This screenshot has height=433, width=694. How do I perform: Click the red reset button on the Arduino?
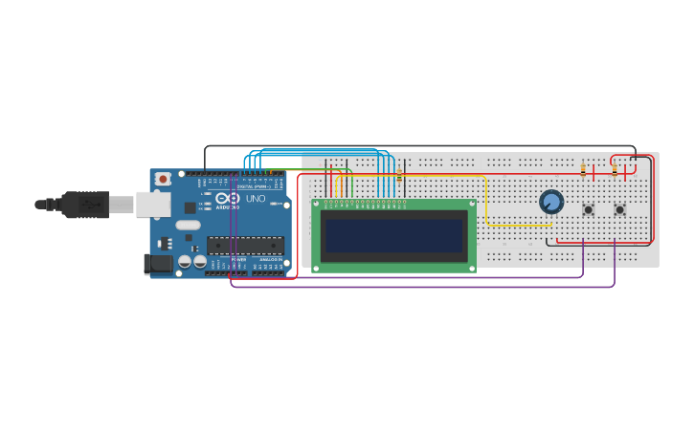[164, 179]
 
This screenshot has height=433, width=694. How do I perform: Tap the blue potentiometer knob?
[551, 202]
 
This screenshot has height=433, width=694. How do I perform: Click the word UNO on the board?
[256, 199]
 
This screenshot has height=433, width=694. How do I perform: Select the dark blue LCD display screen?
[393, 235]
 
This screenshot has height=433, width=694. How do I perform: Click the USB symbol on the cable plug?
[92, 204]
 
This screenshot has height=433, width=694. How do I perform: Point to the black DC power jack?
[157, 264]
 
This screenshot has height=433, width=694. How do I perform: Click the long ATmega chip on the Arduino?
[245, 246]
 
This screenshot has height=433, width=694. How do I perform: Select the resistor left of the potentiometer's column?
[583, 171]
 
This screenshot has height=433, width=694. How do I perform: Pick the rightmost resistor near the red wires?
[615, 171]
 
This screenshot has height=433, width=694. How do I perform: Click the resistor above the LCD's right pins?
[399, 175]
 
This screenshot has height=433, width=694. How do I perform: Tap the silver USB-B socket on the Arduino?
[151, 204]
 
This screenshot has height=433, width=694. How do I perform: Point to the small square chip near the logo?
[190, 207]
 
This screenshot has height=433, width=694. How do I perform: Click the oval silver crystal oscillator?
[208, 223]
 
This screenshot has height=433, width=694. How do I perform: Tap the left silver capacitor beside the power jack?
[185, 261]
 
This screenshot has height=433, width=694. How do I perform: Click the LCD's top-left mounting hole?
[317, 204]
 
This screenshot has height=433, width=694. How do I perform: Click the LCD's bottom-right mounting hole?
[471, 268]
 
